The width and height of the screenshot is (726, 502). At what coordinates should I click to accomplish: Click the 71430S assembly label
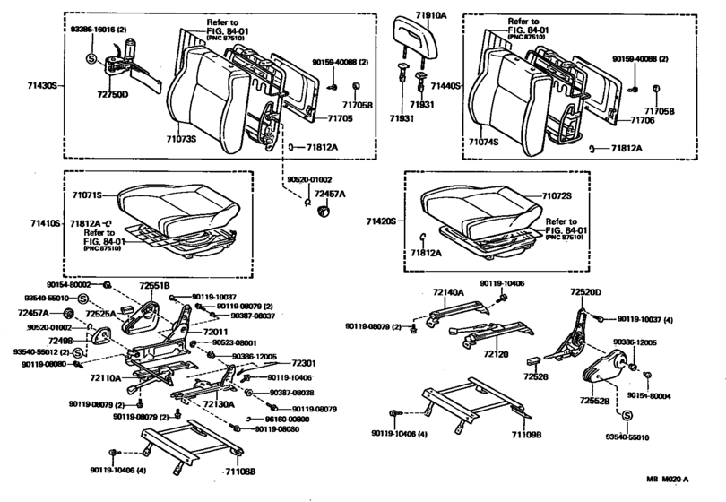[x=41, y=85]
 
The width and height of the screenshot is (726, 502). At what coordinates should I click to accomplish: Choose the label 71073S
[x=178, y=140]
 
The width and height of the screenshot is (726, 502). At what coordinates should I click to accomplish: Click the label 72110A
[x=105, y=378]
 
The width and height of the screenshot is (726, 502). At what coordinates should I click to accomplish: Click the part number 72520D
[x=586, y=292]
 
